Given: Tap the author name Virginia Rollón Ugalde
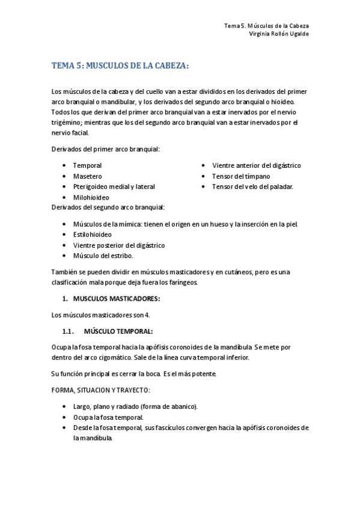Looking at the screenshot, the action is click(279, 34).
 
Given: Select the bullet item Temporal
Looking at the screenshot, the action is click(87, 165).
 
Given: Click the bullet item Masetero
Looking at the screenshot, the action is click(87, 176).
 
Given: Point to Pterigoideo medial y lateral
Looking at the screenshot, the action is click(114, 186).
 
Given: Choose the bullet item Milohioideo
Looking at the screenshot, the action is click(91, 197).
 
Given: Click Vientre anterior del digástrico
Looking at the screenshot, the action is click(256, 165).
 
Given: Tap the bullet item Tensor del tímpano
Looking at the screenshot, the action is click(240, 176).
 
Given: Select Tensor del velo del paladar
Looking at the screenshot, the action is click(252, 186).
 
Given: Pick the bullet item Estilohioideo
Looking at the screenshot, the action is click(92, 235).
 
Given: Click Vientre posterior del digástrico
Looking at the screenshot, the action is click(118, 245).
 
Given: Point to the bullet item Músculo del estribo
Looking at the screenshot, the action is click(103, 256).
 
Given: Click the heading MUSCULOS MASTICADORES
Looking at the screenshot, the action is click(117, 299).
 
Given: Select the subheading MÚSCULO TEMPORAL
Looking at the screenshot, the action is click(118, 331).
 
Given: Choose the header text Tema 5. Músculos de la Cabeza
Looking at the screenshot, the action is click(266, 26).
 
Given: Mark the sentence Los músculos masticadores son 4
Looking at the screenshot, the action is click(101, 315).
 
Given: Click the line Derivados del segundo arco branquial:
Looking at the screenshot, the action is click(108, 207).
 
